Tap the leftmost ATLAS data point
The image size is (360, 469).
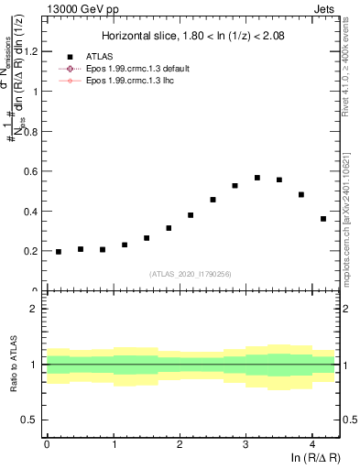[x=59, y=252]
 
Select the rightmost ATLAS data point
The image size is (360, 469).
[x=323, y=219]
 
